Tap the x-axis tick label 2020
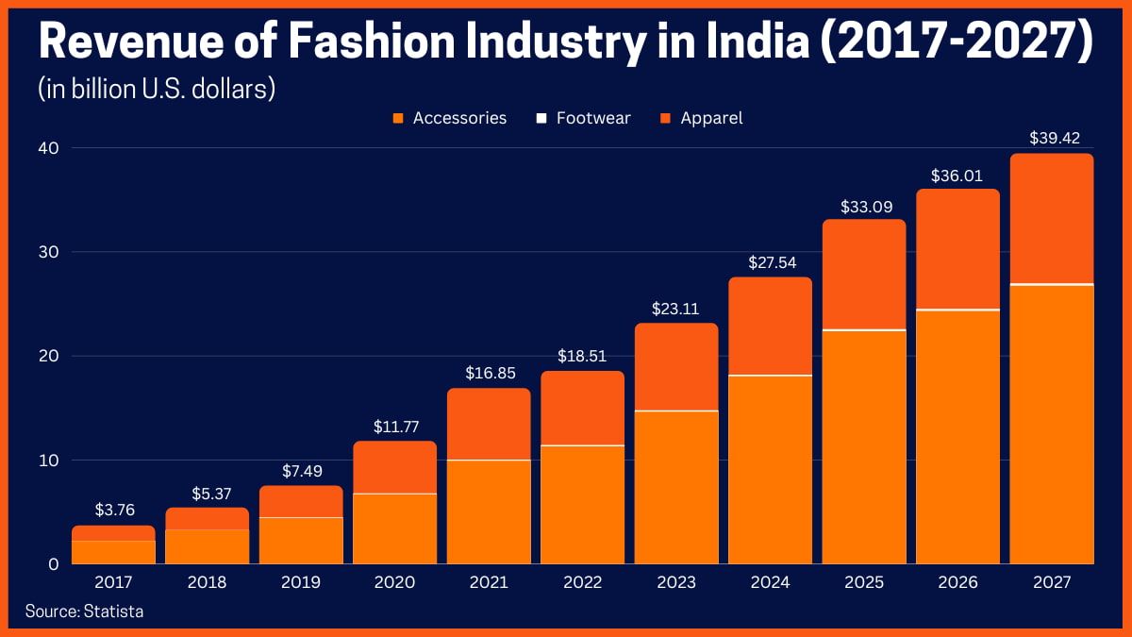pos(395,582)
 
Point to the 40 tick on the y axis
pos(49,148)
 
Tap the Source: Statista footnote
pos(84,611)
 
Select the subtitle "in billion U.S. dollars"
pos(157,89)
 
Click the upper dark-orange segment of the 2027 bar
pos(1051,218)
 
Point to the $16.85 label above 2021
pos(489,372)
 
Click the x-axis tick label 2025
pos(864,582)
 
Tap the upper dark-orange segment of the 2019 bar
pos(301,501)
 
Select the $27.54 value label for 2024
pos(770,260)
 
